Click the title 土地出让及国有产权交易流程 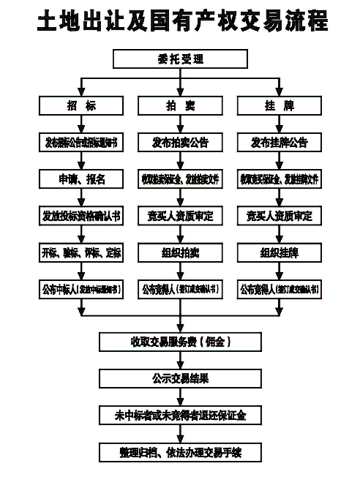tap(180, 22)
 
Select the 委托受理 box tap(180, 59)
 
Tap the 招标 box tap(81, 106)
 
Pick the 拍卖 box tap(180, 106)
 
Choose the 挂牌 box tap(279, 106)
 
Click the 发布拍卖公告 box tap(180, 143)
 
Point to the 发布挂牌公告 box tap(279, 143)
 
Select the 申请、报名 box tap(81, 179)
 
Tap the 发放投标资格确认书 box tap(81, 216)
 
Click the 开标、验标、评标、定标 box tap(81, 253)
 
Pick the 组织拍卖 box tap(180, 253)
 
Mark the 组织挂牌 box tap(279, 253)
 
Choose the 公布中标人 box tap(81, 290)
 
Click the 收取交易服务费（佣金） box tap(180, 342)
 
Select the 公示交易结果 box tap(180, 378)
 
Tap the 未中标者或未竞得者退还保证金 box tap(180, 415)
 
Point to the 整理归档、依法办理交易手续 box tap(180, 452)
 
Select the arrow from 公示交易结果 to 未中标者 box tap(180, 397)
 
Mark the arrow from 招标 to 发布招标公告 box tap(81, 124)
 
